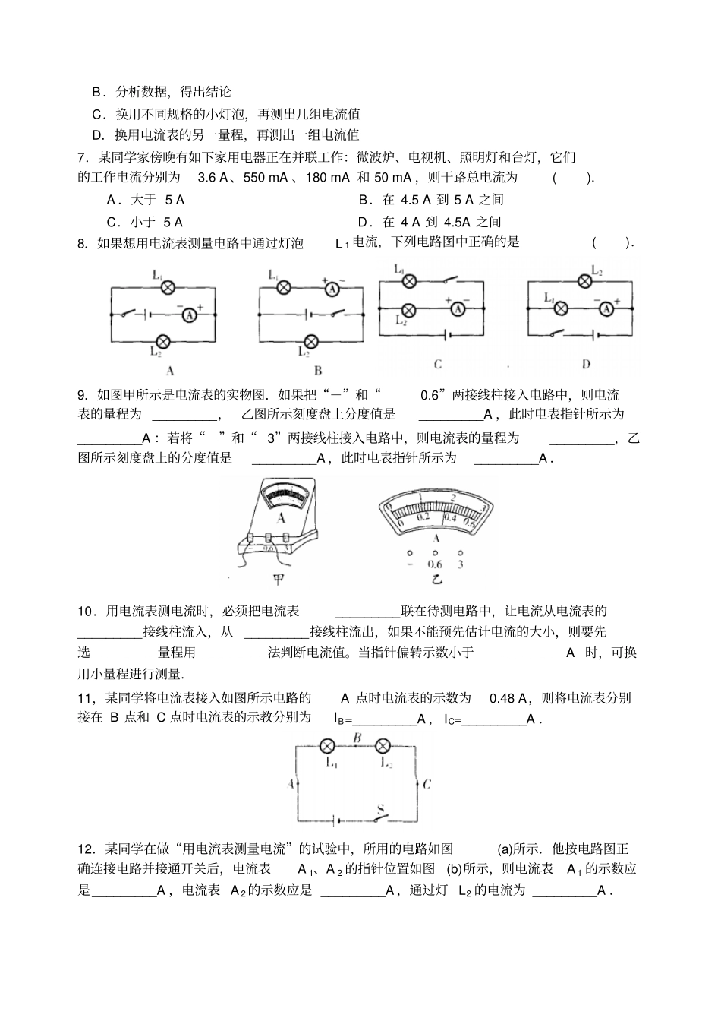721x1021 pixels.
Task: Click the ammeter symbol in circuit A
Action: click(x=192, y=314)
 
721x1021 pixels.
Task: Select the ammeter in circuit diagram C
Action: click(x=457, y=308)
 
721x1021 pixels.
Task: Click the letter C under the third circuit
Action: click(x=438, y=365)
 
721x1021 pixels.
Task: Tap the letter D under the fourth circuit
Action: click(x=586, y=365)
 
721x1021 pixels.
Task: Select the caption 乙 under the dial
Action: click(x=436, y=580)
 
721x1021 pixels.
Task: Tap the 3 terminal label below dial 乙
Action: click(x=461, y=564)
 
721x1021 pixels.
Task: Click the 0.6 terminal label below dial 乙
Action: click(x=435, y=564)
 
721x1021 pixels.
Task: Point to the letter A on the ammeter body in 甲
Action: click(x=282, y=519)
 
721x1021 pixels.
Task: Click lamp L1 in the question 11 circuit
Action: click(x=329, y=745)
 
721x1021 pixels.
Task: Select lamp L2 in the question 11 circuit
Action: click(x=383, y=745)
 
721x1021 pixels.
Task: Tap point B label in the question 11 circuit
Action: click(x=357, y=737)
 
